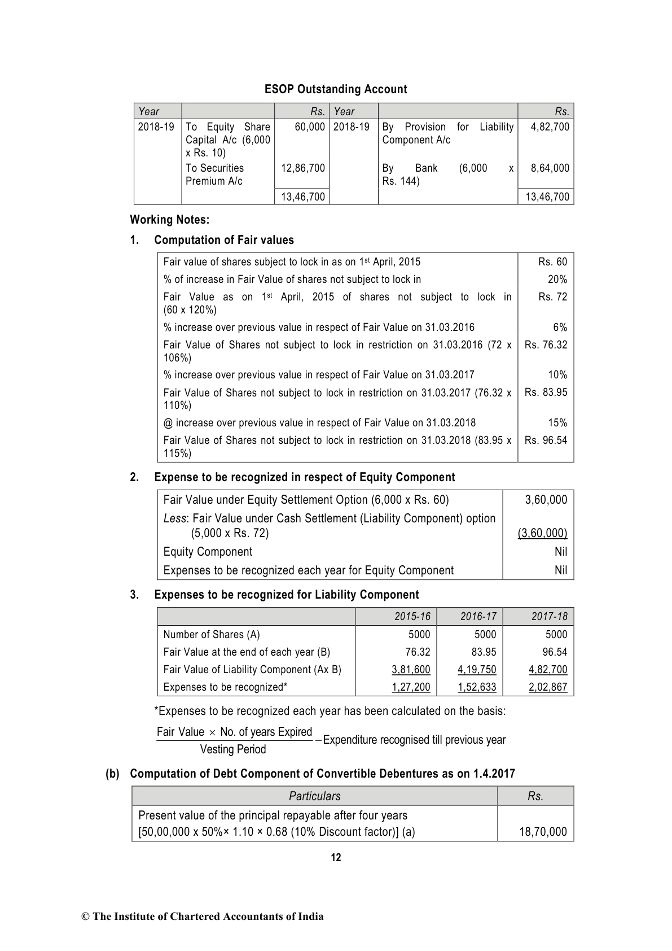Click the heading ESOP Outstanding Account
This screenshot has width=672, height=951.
point(336,89)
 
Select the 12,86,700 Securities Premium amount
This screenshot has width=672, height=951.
point(303,168)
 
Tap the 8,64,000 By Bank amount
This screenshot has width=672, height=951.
point(550,168)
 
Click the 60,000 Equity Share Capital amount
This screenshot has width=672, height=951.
point(310,126)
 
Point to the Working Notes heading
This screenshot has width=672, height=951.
point(169,219)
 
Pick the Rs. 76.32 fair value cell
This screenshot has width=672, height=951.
point(546,344)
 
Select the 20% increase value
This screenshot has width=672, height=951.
point(557,279)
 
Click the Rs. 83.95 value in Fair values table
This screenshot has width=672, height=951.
point(546,392)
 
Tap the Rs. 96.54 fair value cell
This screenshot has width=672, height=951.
point(546,440)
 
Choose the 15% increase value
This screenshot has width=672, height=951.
point(557,422)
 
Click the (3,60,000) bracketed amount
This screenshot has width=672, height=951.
point(542,533)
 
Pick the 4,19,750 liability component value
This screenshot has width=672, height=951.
point(477,669)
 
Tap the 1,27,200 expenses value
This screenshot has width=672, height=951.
point(411,687)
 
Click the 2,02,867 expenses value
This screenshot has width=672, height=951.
point(548,687)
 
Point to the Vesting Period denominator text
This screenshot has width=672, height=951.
point(233,749)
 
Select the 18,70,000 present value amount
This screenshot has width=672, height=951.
point(543,831)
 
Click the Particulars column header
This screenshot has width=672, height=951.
point(314,796)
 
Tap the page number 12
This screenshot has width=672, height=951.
point(336,857)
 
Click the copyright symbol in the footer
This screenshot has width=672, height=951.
point(85,917)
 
